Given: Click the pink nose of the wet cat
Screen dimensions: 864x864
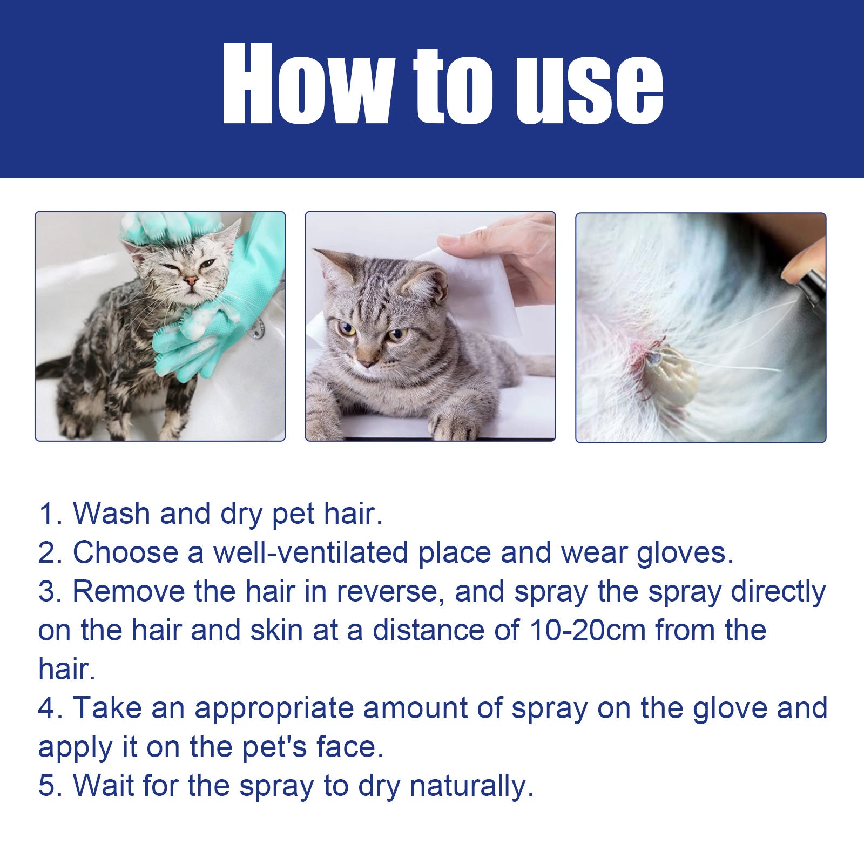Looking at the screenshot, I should click(190, 281).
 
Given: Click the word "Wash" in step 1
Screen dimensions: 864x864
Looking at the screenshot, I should click(111, 513).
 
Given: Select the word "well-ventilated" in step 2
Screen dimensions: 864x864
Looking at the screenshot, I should click(310, 552).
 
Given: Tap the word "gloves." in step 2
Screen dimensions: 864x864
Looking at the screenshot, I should click(685, 552).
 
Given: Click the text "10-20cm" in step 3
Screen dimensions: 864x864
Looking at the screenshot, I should click(587, 630).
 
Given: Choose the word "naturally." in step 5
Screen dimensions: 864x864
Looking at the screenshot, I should click(471, 786).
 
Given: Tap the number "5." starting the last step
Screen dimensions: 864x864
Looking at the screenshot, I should click(51, 786).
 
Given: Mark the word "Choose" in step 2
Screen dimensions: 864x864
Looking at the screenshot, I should click(125, 552).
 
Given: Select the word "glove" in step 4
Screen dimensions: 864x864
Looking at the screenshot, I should click(730, 708).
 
